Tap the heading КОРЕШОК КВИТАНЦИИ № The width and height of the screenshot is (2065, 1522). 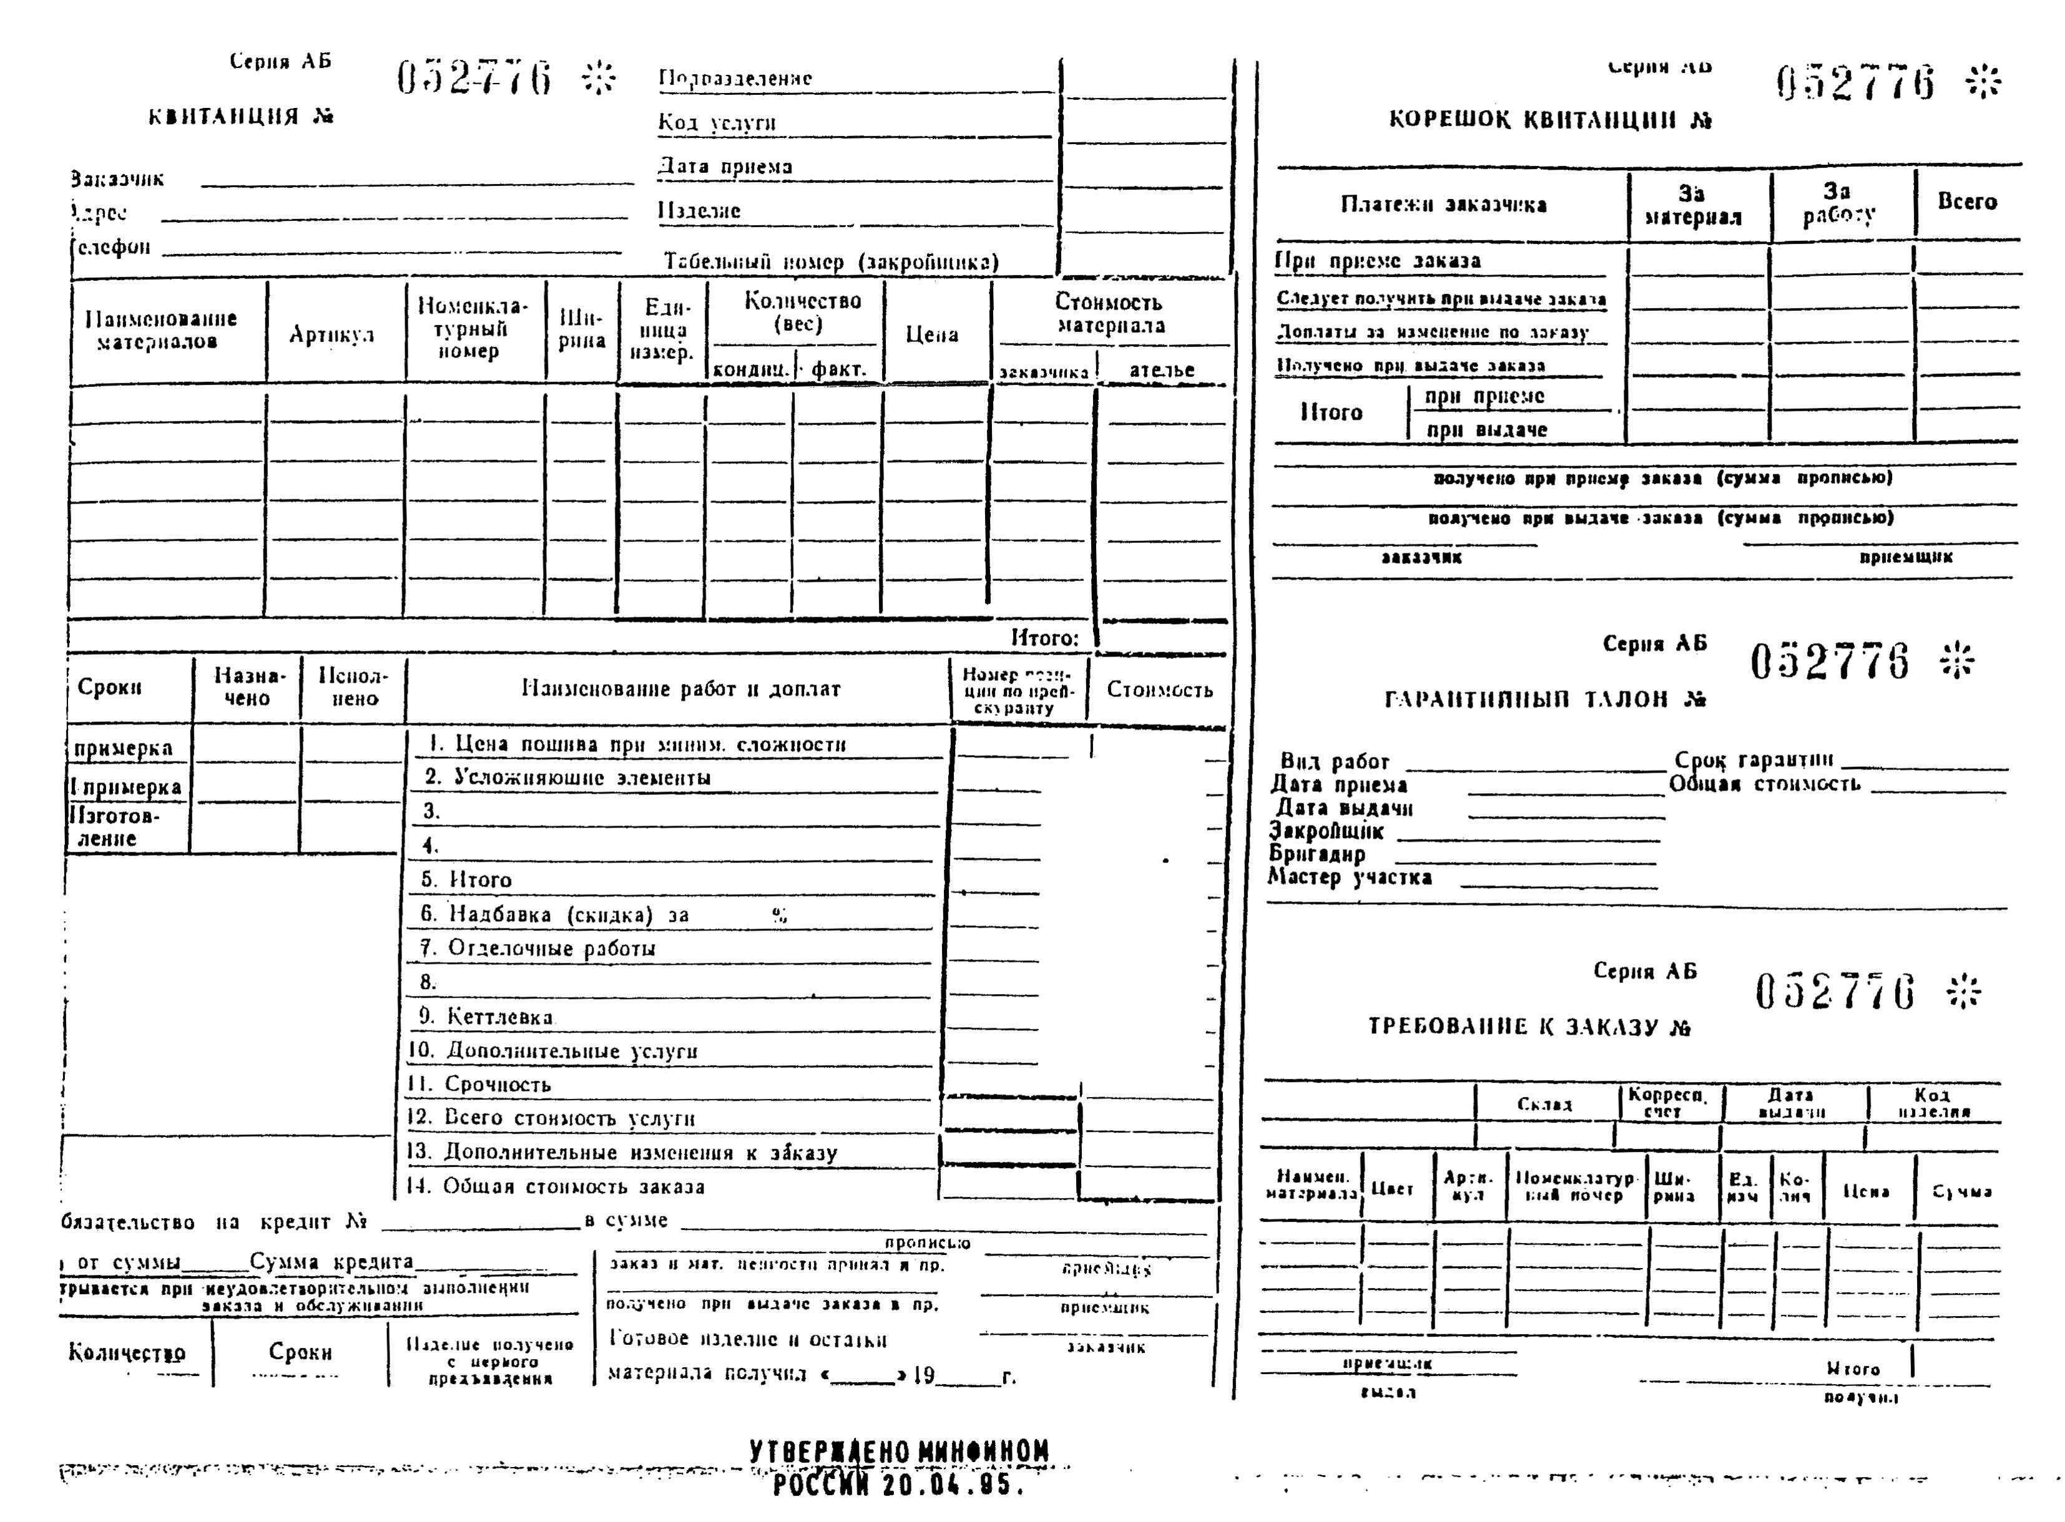(x=1549, y=120)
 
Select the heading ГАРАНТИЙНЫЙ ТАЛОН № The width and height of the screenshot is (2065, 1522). (x=1544, y=700)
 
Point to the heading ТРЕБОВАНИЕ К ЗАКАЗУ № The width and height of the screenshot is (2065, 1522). (x=1529, y=1027)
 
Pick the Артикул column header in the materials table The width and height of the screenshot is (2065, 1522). (x=331, y=334)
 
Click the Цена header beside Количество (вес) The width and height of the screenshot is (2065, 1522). (x=931, y=334)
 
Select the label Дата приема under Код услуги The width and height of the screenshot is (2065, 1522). (x=724, y=167)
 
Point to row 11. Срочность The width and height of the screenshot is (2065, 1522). (x=479, y=1085)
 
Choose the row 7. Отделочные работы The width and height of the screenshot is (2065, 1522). (x=537, y=948)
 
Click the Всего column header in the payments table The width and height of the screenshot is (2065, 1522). (x=1966, y=202)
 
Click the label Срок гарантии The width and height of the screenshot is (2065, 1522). (x=1754, y=760)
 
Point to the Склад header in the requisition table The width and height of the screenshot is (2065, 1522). (x=1544, y=1104)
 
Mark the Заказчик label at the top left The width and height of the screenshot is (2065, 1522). (x=118, y=178)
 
